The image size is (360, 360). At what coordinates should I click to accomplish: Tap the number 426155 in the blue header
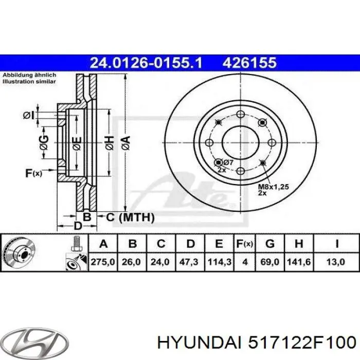tap(250, 63)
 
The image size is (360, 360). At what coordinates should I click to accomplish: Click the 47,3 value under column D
tap(190, 262)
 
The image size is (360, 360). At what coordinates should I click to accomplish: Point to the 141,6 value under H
tap(301, 262)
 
